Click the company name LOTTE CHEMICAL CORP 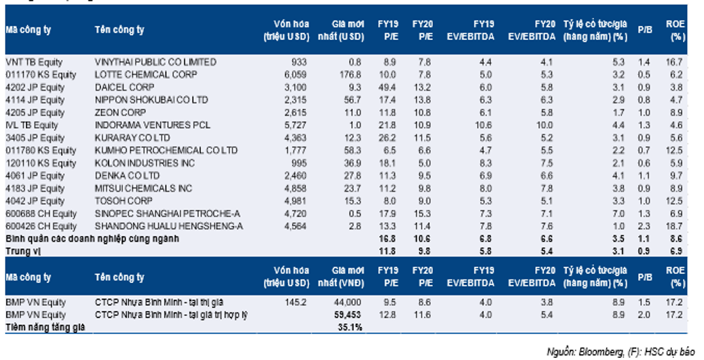pos(146,74)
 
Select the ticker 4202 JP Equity pos(35,88)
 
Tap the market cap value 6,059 pos(296,74)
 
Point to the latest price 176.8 pos(350,74)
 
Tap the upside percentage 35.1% pos(350,327)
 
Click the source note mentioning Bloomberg pos(621,352)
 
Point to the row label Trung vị pos(23,251)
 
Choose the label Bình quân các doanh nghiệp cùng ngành pos(92,239)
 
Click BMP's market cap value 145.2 pos(296,303)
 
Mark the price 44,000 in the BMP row pos(348,303)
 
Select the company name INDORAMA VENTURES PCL pos(152,125)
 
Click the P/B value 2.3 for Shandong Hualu pos(644,226)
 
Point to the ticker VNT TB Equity pos(34,62)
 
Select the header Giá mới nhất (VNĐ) pos(341,277)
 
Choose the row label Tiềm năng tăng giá pos(46,327)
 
